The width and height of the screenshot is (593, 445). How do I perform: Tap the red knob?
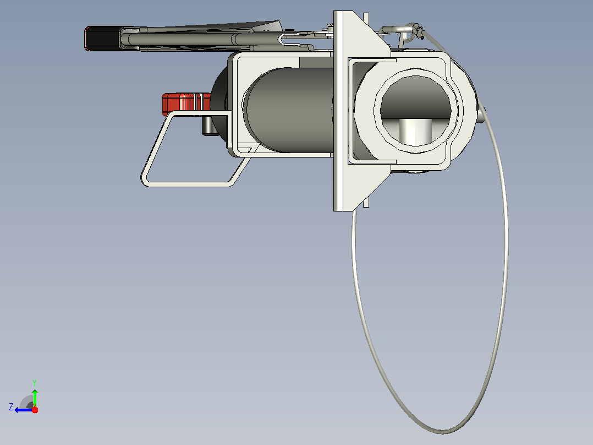[186, 104]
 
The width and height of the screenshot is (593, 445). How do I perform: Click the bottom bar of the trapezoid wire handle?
[187, 184]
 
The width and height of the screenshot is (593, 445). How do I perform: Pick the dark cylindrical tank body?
[289, 110]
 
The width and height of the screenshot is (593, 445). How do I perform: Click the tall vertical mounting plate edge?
[338, 111]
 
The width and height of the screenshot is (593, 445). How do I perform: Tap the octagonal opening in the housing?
[416, 111]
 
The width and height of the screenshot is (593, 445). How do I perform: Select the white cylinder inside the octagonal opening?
[415, 132]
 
